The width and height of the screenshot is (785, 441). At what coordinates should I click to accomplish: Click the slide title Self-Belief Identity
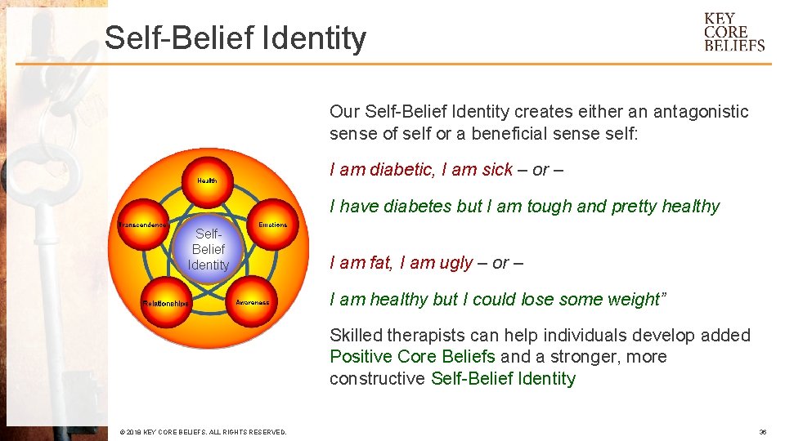235,38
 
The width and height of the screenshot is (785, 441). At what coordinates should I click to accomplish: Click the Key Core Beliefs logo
733,32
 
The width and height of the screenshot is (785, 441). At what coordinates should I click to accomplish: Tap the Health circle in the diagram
207,180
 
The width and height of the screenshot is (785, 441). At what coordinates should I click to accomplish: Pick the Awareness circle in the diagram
252,301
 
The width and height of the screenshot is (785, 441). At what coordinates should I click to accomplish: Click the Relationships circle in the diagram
165,302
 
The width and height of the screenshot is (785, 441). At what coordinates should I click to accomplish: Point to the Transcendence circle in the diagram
143,225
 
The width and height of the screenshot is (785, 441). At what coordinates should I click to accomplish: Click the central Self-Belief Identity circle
208,249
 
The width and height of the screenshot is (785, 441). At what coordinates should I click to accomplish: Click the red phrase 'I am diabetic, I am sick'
420,170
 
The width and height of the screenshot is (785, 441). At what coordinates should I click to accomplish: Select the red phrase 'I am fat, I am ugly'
401,263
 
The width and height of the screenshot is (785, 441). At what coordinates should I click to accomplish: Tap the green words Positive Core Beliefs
412,357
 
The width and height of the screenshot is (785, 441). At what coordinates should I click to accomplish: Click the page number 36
762,432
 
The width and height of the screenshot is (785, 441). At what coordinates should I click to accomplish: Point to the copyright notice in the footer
203,432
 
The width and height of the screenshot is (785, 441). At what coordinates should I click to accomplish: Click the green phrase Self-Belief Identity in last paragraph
503,379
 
